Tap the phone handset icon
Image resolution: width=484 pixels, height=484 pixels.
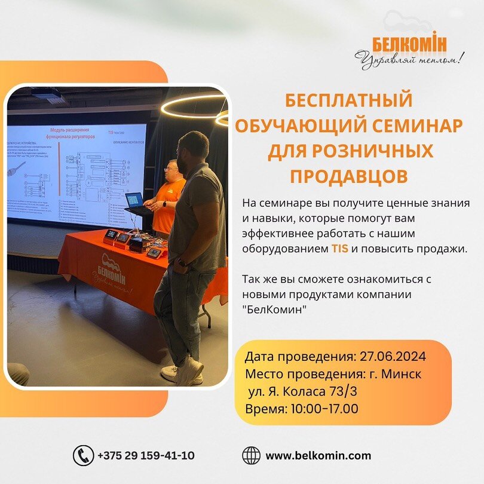(83, 455)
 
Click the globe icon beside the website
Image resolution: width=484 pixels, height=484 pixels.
(251, 455)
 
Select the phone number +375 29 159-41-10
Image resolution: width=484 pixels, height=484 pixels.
(146, 455)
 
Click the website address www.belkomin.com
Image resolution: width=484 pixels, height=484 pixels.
(318, 455)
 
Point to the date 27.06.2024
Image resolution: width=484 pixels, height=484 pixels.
(393, 357)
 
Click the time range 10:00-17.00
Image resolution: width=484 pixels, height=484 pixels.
(325, 409)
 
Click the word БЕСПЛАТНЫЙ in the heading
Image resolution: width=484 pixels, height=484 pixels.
(349, 100)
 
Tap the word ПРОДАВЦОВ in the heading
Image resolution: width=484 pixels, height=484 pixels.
(350, 176)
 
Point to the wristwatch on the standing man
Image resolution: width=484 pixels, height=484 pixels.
(182, 262)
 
